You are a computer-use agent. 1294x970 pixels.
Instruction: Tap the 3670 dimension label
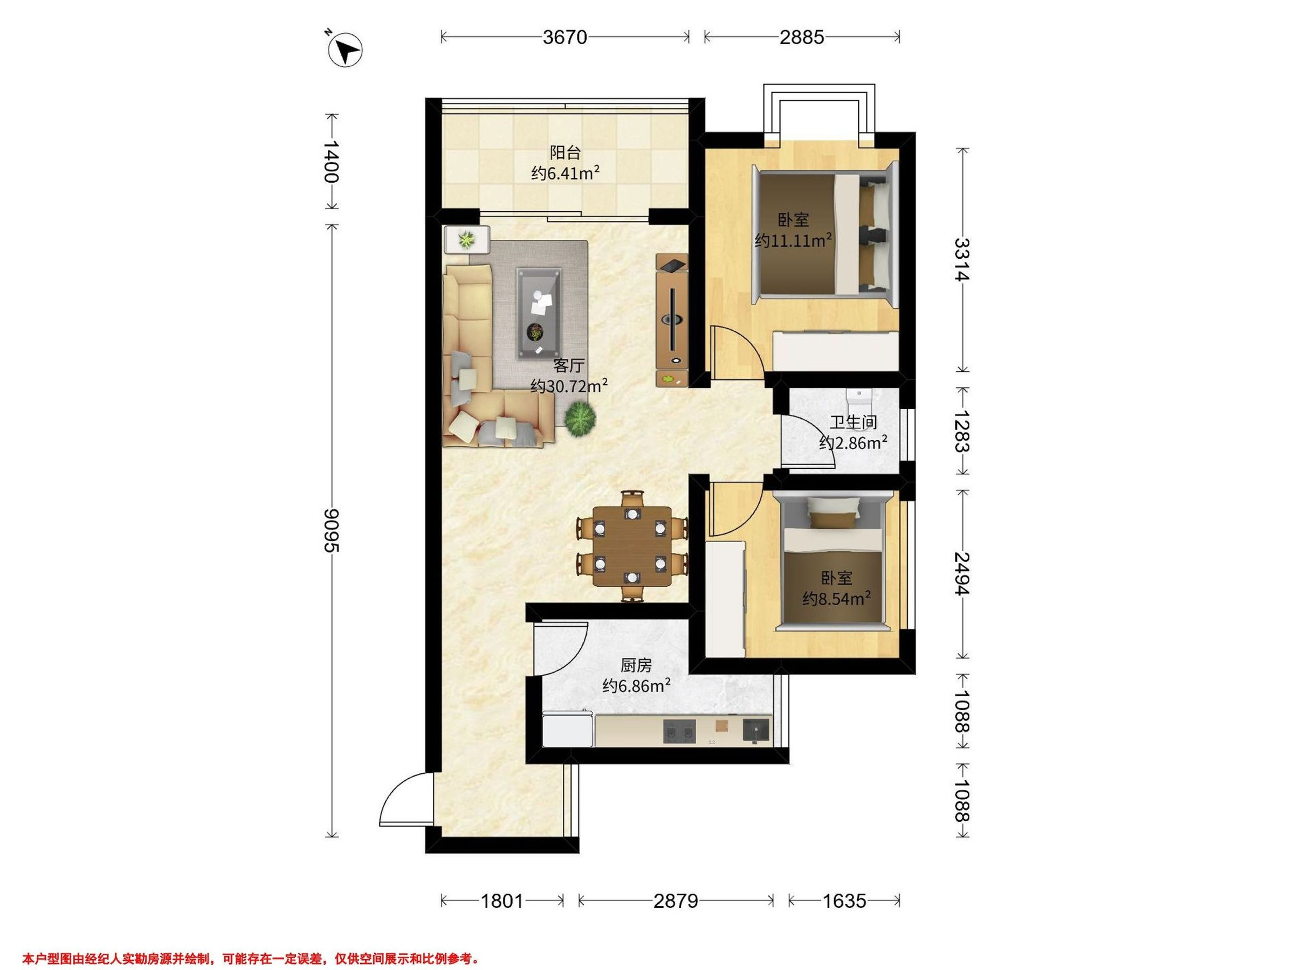pos(565,37)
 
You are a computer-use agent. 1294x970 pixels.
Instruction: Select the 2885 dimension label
pos(801,37)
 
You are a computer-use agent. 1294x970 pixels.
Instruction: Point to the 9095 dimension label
pos(332,530)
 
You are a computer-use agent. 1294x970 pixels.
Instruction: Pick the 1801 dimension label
pos(502,901)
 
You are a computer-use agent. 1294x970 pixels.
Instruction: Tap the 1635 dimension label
pos(844,901)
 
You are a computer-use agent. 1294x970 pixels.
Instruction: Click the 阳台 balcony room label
pos(565,153)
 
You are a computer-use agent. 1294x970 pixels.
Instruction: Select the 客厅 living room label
pos(569,365)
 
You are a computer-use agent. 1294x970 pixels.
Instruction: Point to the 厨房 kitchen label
pos(636,666)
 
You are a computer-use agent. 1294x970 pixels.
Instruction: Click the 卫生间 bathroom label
pos(853,422)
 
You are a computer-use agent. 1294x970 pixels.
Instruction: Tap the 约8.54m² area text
pos(837,599)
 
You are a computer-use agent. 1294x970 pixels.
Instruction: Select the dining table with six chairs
pos(632,546)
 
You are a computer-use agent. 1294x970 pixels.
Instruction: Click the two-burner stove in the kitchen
pos(680,731)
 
